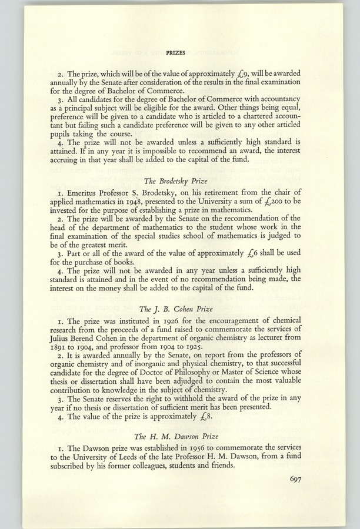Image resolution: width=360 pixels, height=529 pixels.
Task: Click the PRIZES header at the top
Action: pos(176,52)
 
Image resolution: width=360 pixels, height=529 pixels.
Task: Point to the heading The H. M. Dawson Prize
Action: pos(176,436)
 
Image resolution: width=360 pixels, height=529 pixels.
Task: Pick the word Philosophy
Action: pos(203,383)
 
